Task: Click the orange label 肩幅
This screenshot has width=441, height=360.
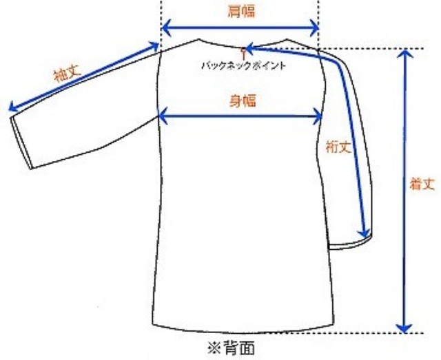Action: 241,12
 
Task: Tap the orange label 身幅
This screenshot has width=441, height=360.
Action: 243,100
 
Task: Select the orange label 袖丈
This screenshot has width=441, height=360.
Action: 68,73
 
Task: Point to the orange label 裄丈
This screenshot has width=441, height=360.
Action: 338,147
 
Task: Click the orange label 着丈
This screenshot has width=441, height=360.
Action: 422,184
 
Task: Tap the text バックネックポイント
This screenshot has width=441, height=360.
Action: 243,66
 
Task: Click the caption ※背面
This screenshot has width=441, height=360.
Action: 231,348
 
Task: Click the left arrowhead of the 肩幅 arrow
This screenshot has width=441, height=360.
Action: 167,28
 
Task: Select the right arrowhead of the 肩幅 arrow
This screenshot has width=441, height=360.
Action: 314,28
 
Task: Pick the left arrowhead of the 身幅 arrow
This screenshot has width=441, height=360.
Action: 164,116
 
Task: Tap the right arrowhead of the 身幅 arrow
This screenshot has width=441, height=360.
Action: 317,116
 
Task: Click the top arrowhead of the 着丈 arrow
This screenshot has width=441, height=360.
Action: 404,54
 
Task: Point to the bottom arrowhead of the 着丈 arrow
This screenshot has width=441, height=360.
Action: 404,328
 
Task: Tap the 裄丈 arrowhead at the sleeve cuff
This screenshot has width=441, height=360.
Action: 364,233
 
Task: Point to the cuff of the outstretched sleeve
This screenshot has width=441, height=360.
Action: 21,142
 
